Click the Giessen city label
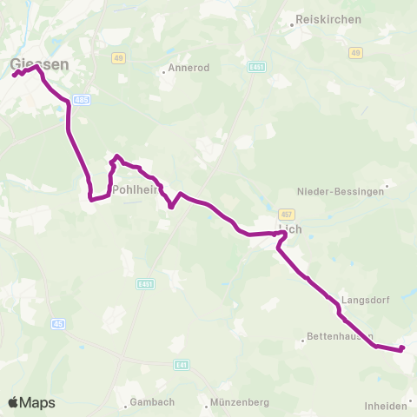tap(40, 63)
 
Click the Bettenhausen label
tap(341, 336)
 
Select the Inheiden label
tap(387, 405)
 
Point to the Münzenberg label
tap(241, 402)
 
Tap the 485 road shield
tap(82, 101)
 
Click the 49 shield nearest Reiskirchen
tap(355, 54)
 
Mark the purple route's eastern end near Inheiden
tap(401, 348)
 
